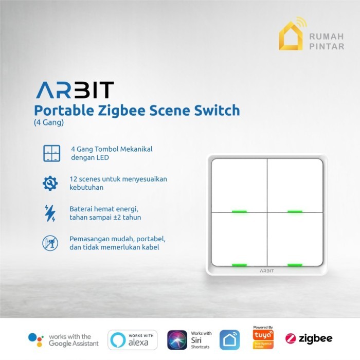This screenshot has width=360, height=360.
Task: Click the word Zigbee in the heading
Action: pyautogui.click(x=127, y=110)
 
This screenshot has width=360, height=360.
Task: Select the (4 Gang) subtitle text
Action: pyautogui.click(x=49, y=123)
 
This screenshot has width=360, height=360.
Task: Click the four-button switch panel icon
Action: pyautogui.click(x=50, y=153)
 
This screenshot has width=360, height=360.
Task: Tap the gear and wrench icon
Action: pyautogui.click(x=50, y=183)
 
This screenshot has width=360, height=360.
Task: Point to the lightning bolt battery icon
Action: pyautogui.click(x=50, y=213)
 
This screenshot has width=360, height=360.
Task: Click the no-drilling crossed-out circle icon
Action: pyautogui.click(x=50, y=243)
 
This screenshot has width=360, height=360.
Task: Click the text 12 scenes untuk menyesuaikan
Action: pyautogui.click(x=118, y=179)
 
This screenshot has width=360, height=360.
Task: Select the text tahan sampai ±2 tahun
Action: pyautogui.click(x=105, y=218)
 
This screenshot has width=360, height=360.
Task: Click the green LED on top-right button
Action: pyautogui.click(x=294, y=211)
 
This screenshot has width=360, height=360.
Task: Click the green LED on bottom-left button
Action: pyautogui.click(x=239, y=265)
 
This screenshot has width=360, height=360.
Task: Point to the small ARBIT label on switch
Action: pyautogui.click(x=266, y=270)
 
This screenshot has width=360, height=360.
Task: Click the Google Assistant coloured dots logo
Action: pyautogui.click(x=35, y=339)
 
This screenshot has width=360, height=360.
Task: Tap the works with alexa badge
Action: pyautogui.click(x=132, y=339)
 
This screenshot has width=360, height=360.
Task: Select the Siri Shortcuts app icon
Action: pyautogui.click(x=177, y=339)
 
